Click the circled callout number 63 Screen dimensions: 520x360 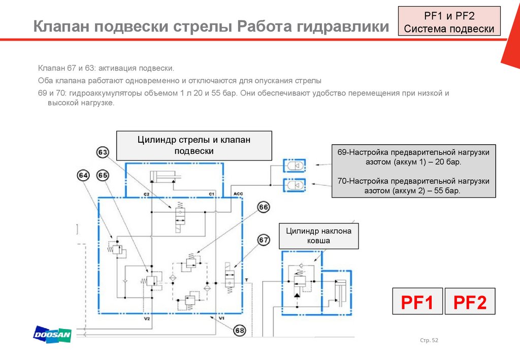coord(103,152)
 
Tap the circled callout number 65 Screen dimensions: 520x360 coord(103,176)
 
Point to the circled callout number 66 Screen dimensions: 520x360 coord(264,207)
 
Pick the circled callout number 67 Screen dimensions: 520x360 coord(264,240)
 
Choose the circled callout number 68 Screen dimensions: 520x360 coord(240,331)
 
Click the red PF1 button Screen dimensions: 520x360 coord(417,302)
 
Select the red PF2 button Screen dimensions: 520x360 coord(470,302)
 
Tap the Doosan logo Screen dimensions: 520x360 coord(52,334)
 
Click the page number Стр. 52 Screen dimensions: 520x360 coord(429,340)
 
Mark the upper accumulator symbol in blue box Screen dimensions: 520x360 coord(295,165)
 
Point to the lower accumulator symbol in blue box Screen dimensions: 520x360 coord(295,185)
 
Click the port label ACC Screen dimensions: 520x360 coord(238,194)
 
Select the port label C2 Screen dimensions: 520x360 coord(146,194)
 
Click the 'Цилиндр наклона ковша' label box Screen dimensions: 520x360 coord(318,236)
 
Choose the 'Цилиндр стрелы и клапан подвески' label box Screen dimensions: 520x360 coord(194,145)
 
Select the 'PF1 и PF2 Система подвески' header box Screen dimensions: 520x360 coord(449,21)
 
